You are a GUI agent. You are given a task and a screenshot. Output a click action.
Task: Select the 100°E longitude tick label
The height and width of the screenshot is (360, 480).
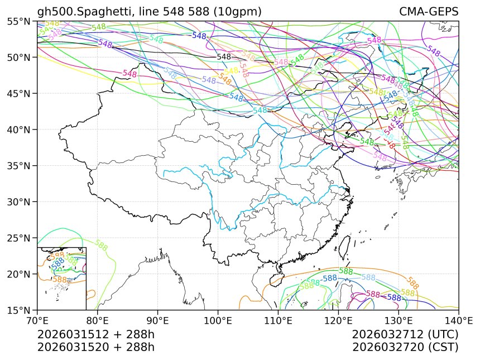tap(218, 320)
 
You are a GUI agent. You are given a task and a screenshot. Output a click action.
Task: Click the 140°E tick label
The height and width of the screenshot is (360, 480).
tap(458, 320)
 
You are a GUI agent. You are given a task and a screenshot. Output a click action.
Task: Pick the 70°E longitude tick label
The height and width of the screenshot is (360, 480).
tap(37, 320)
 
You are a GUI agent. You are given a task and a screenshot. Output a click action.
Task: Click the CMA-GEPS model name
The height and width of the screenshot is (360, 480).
tap(429, 12)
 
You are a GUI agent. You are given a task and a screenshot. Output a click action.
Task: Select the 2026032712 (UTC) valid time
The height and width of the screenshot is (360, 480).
tap(405, 334)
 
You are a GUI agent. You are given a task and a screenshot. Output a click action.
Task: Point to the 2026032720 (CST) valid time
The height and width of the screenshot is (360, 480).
tap(405, 347)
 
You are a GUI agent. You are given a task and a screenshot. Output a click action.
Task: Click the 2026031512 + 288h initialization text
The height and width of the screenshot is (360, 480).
tap(95, 334)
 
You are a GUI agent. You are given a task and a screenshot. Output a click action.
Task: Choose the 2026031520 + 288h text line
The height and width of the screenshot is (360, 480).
tap(95, 347)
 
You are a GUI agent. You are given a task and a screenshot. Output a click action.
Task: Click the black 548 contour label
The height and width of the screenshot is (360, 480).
tap(224, 57)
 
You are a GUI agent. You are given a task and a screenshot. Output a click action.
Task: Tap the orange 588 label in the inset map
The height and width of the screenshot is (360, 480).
tap(60, 280)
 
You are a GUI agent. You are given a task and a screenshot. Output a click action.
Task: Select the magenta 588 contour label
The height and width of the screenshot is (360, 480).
tap(373, 294)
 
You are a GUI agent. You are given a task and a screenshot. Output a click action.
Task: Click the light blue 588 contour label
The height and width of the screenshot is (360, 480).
tap(368, 277)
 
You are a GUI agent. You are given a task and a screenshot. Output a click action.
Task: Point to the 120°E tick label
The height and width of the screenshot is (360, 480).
tap(338, 320)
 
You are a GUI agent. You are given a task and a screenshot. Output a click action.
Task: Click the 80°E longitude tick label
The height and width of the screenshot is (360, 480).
tap(98, 320)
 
